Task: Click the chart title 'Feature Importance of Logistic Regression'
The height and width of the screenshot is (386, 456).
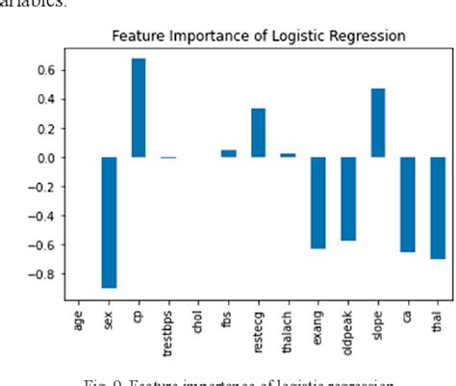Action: (x=258, y=37)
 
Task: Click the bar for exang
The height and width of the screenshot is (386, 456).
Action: (x=317, y=203)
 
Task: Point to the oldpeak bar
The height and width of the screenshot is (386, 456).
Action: (x=347, y=198)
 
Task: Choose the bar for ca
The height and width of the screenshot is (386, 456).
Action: (x=408, y=204)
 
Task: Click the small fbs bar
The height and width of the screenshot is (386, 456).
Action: (x=228, y=153)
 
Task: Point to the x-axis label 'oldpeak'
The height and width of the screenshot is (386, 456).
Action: (x=348, y=325)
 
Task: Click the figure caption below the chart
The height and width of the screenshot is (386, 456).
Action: (x=260, y=379)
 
